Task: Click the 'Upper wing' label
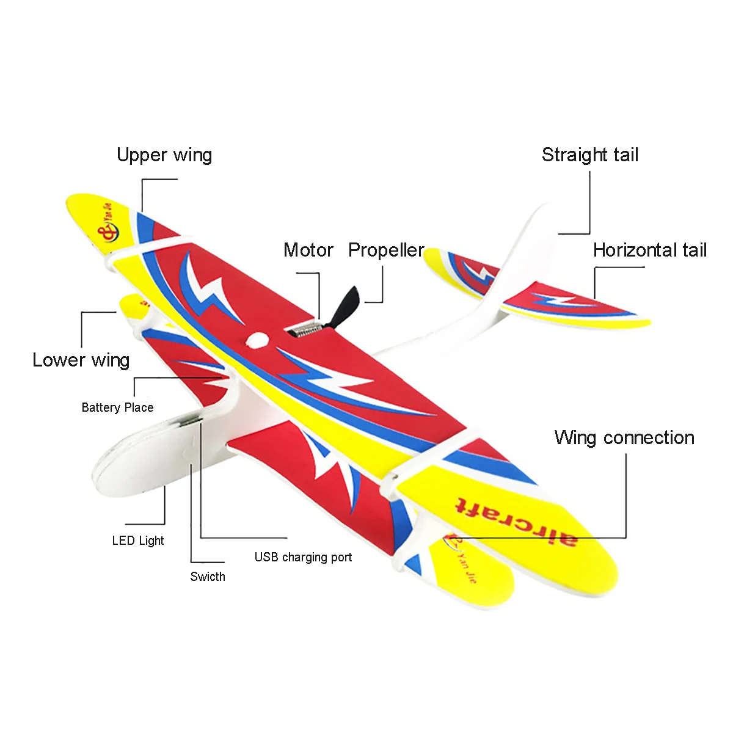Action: pyautogui.click(x=164, y=155)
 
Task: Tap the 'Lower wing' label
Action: pyautogui.click(x=81, y=360)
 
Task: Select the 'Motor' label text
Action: pyautogui.click(x=308, y=250)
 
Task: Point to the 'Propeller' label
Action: pyautogui.click(x=386, y=250)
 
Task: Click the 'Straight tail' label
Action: pyautogui.click(x=590, y=155)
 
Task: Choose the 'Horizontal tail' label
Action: pyautogui.click(x=650, y=250)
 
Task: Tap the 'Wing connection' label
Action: pyautogui.click(x=624, y=437)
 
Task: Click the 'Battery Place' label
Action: pyautogui.click(x=117, y=407)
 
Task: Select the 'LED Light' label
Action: pyautogui.click(x=138, y=541)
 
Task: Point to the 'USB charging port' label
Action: pyautogui.click(x=303, y=557)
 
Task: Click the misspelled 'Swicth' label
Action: pyautogui.click(x=208, y=577)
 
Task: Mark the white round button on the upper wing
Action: pyautogui.click(x=257, y=340)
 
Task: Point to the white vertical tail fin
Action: pyautogui.click(x=531, y=244)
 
